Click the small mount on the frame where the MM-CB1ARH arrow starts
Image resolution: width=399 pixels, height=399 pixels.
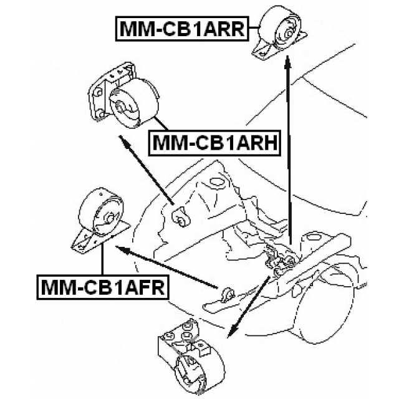179,218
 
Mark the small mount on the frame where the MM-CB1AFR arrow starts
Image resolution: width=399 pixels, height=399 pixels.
228,293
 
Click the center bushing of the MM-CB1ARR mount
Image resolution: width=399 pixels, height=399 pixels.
290,29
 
